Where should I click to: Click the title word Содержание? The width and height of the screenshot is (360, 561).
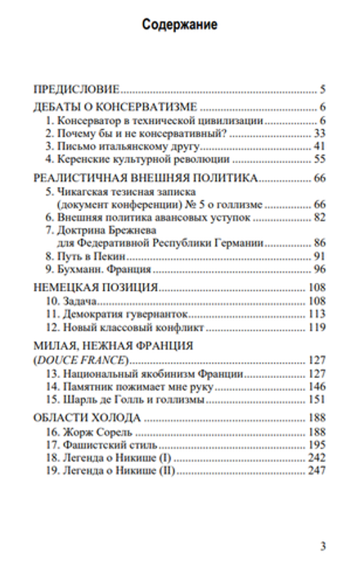tap(179, 25)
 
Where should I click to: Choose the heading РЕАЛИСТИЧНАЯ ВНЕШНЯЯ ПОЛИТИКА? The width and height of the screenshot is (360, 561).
tap(145, 178)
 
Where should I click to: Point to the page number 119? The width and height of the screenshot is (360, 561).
tap(317, 327)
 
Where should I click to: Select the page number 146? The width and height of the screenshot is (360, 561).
tap(317, 386)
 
